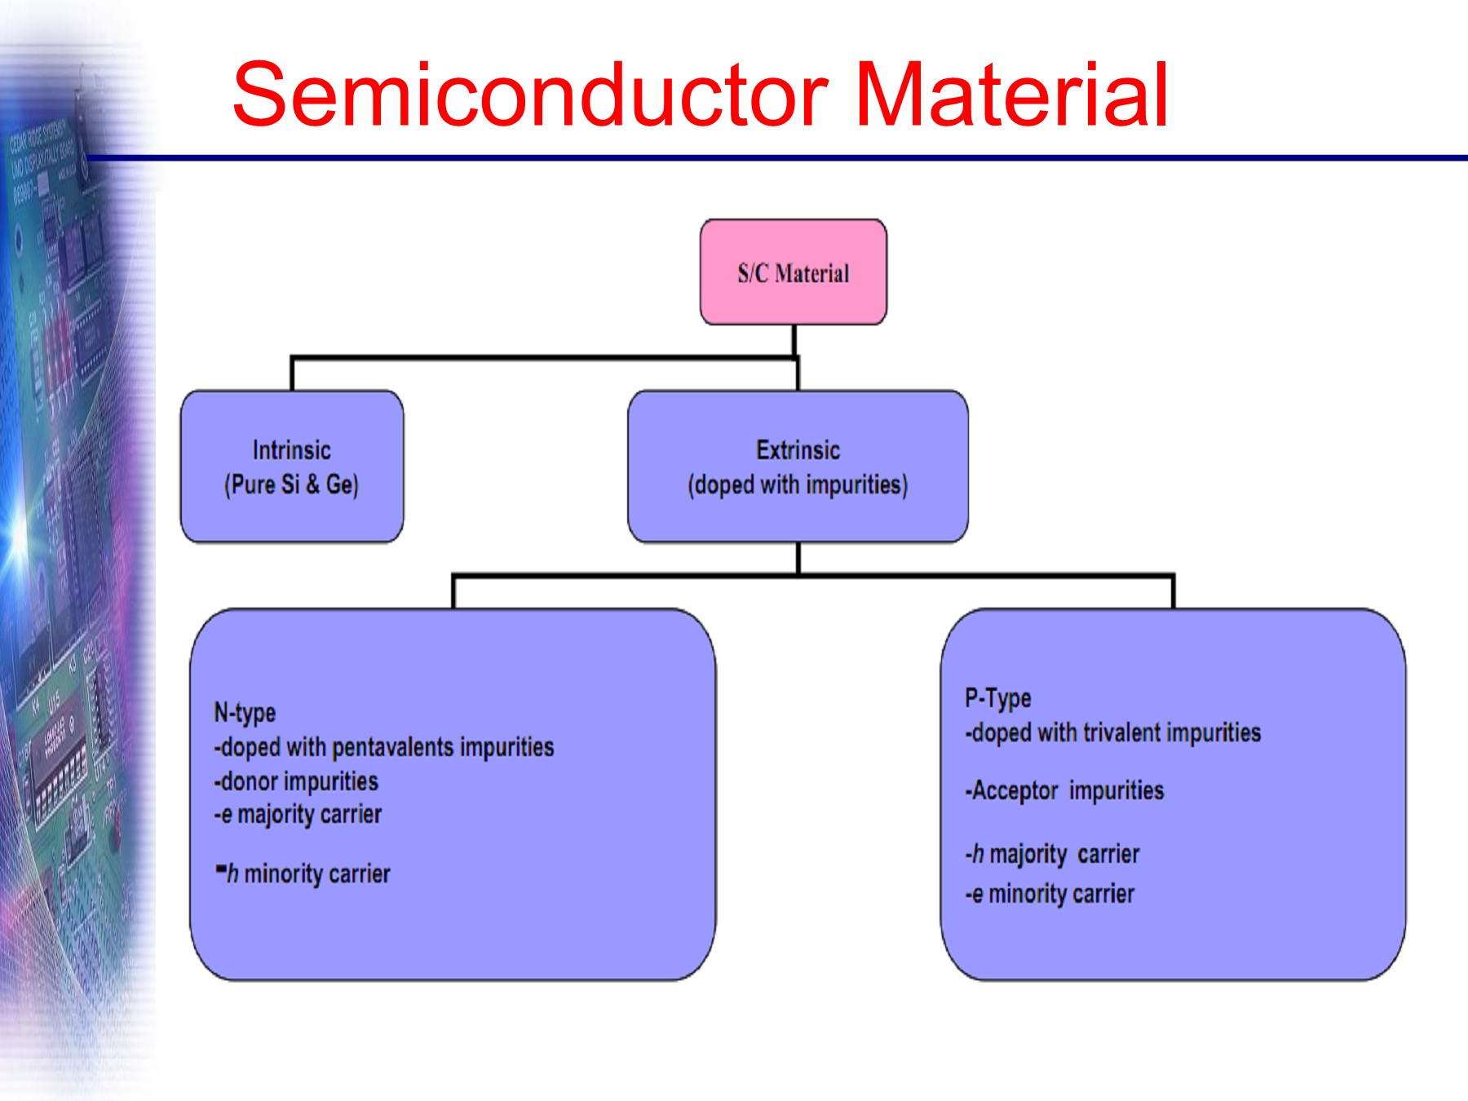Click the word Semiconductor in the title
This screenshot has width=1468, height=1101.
coord(530,95)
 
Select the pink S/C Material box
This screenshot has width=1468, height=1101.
coord(793,272)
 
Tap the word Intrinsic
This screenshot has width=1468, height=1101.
coord(291,450)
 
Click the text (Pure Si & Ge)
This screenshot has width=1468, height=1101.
coord(291,484)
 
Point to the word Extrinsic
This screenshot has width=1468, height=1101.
coord(798,450)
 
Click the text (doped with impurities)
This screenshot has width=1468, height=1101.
coord(798,484)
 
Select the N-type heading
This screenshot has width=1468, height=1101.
coord(245,713)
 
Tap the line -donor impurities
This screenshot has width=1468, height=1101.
coord(296,781)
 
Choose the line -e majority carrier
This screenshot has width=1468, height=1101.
coord(298,814)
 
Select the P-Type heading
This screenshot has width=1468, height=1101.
coord(997,698)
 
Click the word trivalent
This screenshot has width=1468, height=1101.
coord(1121,732)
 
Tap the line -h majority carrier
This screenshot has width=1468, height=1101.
coord(1052,854)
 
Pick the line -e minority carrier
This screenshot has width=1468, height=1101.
coord(1050,894)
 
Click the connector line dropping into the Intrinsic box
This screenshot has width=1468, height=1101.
coord(292,374)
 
